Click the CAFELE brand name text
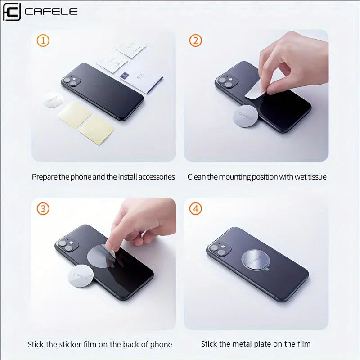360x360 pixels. pyautogui.click(x=51, y=11)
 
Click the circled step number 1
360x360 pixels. pyautogui.click(x=43, y=41)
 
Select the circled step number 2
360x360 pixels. pyautogui.click(x=195, y=41)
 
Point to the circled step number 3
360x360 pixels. pyautogui.click(x=43, y=209)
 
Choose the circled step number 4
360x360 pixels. pyautogui.click(x=195, y=209)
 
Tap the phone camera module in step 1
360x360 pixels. pyautogui.click(x=72, y=81)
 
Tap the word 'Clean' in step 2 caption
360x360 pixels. pyautogui.click(x=197, y=177)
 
